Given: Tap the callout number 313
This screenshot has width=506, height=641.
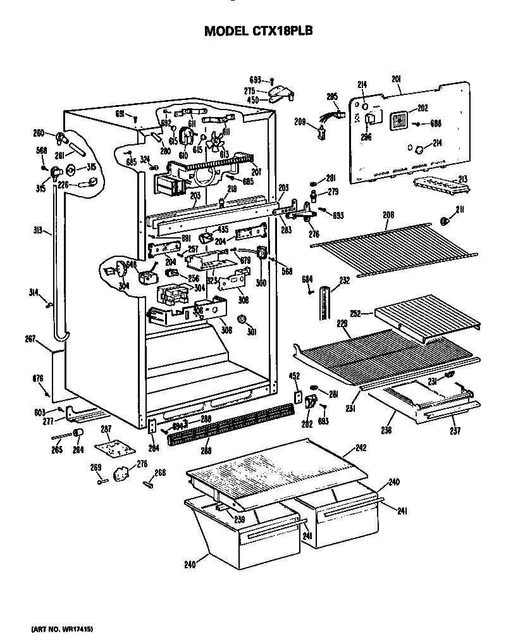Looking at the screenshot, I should [x=39, y=231].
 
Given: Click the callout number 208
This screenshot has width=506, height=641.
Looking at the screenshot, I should [x=388, y=216].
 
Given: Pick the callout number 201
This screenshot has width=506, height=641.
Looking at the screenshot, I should [x=397, y=79].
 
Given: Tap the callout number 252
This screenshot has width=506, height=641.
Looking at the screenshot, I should [x=355, y=313].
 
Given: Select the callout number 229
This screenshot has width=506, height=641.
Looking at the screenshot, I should [x=342, y=323].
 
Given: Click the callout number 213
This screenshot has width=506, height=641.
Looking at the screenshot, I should [x=463, y=180].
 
